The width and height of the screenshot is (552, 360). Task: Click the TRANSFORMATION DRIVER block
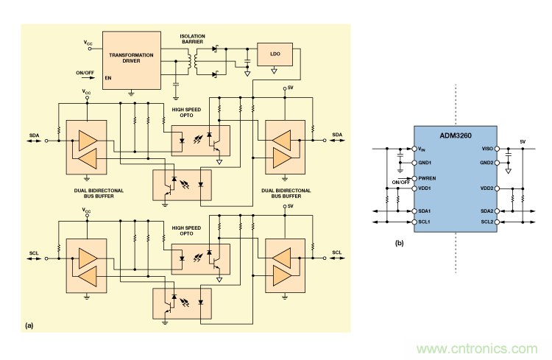pyautogui.click(x=131, y=60)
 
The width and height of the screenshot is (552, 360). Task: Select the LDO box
pyautogui.click(x=275, y=54)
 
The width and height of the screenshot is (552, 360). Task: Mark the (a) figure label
pyautogui.click(x=30, y=325)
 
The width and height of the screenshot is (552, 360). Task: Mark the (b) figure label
pyautogui.click(x=400, y=243)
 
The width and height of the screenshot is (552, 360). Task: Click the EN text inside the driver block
pyautogui.click(x=108, y=77)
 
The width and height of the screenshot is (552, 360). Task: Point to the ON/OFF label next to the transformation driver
pyautogui.click(x=85, y=72)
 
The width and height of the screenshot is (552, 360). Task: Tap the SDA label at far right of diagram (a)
pyautogui.click(x=337, y=134)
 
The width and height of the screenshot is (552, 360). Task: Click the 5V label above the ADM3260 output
pyautogui.click(x=523, y=141)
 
